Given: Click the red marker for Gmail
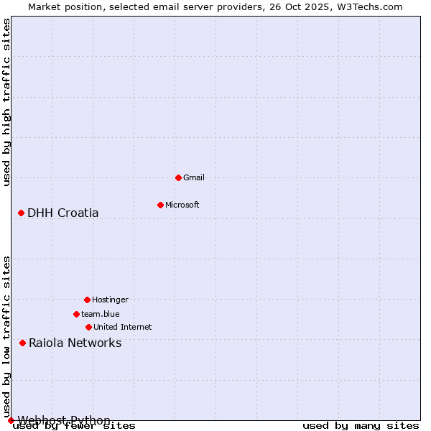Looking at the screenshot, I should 178,177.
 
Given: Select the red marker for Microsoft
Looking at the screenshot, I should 160,205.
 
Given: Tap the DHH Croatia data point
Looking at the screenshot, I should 21,213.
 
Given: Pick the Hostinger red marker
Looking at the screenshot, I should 87,300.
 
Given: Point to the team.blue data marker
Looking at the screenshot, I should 76,314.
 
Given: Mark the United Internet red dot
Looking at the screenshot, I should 88,327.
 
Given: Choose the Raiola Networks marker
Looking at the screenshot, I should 22,343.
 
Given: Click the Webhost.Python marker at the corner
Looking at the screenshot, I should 11,420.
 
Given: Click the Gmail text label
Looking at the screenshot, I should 194,177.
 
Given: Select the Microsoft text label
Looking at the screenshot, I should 182,205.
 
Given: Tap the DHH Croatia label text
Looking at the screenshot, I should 63,213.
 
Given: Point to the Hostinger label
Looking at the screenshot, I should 110,300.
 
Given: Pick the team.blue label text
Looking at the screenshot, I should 101,314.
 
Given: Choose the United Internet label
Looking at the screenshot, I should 123,327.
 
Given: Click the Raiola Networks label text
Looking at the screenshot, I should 75,343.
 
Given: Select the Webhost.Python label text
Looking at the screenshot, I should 65,420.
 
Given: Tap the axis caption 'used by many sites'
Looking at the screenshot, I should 361,426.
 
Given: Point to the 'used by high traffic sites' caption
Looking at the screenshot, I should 6,102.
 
